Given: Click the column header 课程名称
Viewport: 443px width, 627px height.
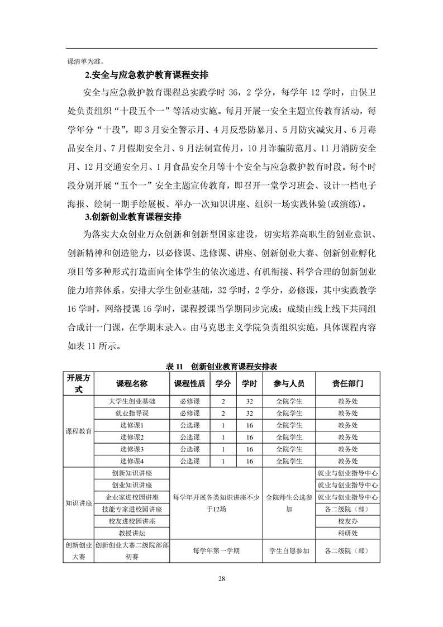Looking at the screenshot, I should pos(132,384).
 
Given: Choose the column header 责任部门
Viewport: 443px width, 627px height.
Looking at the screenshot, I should pos(347,384).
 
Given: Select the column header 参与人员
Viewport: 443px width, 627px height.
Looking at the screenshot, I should pos(289,384).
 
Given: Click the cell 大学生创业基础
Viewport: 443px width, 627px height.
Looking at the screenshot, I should pos(132,401).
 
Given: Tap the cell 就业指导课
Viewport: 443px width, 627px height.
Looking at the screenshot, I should pos(132,413).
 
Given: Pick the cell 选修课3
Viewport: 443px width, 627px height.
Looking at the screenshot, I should pos(132,449).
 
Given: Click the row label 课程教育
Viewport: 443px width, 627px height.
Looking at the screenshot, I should pos(79,431).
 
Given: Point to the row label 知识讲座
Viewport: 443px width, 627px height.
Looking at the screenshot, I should pos(79,503).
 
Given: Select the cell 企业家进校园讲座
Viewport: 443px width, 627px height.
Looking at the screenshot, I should pos(132,497).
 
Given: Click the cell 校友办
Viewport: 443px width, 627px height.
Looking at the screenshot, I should pos(347,521).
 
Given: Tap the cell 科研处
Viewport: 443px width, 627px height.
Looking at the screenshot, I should pos(347,533).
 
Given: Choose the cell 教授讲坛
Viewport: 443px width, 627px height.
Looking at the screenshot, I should pos(132,533).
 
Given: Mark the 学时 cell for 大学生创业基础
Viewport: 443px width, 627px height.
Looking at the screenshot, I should pos(249,401).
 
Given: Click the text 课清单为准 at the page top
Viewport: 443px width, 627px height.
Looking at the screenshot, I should pos(85,60).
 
